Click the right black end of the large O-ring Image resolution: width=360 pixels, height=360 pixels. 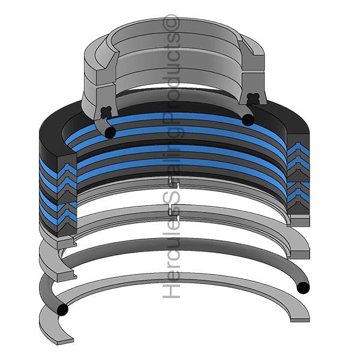point(303,287)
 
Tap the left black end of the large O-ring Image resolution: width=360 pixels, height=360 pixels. point(62,310)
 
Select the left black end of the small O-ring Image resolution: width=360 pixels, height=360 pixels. point(110,133)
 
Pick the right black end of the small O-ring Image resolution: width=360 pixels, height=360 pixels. point(248,119)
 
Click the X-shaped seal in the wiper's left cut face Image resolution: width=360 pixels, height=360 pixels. point(106,113)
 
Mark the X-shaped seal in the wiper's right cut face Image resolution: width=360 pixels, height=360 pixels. point(253,99)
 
